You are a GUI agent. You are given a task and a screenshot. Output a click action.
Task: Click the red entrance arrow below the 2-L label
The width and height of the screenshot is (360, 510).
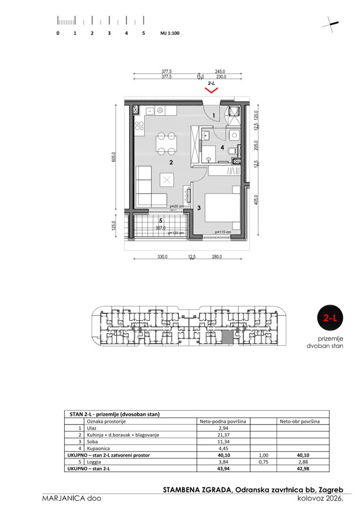click(x=211, y=90)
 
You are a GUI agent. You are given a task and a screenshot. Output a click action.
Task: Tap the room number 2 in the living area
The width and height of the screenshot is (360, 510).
click(x=171, y=162)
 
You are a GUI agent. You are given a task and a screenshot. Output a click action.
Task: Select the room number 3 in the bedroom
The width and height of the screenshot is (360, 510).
click(x=199, y=208)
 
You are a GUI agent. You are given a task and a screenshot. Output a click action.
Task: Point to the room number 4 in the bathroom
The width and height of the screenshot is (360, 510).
click(x=222, y=147)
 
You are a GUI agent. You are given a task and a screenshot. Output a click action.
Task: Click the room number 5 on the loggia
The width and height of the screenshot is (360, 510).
click(x=160, y=220)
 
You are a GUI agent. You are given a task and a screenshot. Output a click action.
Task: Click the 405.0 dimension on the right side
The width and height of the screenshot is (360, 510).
click(x=256, y=200)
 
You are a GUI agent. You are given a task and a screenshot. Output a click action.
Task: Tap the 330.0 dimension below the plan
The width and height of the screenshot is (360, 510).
click(x=162, y=256)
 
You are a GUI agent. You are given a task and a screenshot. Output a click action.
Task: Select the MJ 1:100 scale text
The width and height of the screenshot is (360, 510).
click(x=170, y=33)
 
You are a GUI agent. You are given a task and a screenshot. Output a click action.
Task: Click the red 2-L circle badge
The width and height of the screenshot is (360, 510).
click(x=330, y=318)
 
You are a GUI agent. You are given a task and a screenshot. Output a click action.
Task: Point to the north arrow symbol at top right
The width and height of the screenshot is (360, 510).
click(x=331, y=24)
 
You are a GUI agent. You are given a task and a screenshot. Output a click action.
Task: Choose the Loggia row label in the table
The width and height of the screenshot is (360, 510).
click(x=93, y=462)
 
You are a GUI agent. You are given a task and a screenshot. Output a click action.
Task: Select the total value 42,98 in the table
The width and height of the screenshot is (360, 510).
click(x=302, y=468)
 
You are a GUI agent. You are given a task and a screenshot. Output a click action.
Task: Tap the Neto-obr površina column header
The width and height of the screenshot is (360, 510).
click(x=300, y=421)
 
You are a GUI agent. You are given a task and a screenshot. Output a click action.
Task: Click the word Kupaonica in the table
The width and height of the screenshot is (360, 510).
click(x=98, y=449)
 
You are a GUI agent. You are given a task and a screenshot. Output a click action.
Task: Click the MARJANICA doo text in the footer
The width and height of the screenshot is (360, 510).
click(x=71, y=498)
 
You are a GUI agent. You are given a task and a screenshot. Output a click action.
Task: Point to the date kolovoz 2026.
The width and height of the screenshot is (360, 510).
click(x=320, y=498)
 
